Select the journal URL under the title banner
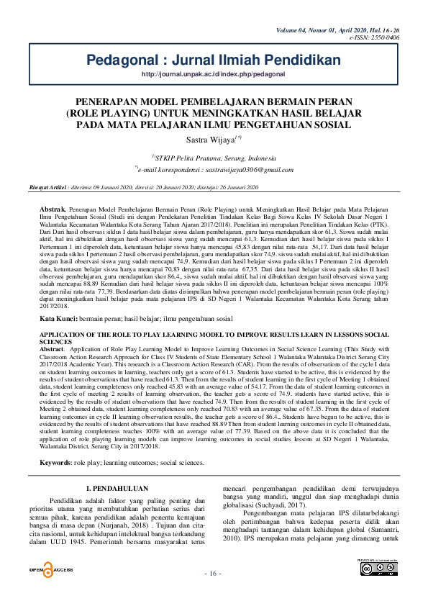tap(214, 73)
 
